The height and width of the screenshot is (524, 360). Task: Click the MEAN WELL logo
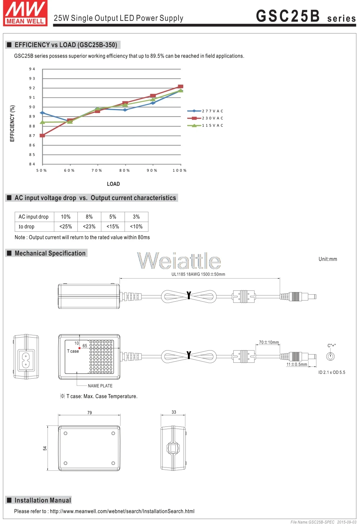[25, 13]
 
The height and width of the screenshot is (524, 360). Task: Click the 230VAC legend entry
[205, 118]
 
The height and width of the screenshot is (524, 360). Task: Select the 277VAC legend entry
[205, 111]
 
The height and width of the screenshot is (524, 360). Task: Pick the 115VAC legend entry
[205, 125]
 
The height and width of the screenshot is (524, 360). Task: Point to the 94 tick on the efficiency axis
[32, 69]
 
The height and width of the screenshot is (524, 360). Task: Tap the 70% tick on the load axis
[97, 170]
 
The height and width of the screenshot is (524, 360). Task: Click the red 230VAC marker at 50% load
[42, 135]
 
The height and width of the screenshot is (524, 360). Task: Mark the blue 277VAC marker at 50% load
[42, 113]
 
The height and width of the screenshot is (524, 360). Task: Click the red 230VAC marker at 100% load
[180, 86]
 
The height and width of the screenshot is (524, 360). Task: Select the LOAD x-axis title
[113, 184]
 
